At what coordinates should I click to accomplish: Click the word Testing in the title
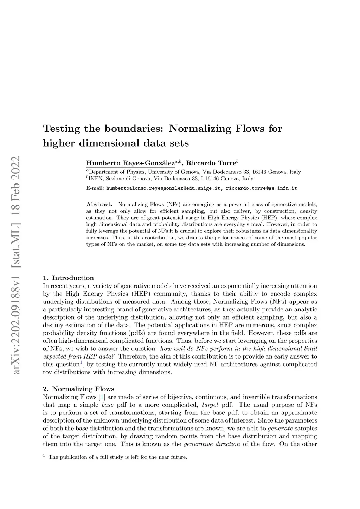click(x=62, y=129)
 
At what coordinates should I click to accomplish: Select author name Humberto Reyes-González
click(x=130, y=163)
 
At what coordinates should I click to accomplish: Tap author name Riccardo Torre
click(x=211, y=163)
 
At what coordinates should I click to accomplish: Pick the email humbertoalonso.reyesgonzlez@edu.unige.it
click(x=164, y=188)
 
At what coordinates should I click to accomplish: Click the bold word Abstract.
click(x=99, y=204)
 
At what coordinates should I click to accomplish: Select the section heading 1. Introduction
click(x=68, y=278)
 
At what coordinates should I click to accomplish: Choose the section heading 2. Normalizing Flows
click(x=78, y=389)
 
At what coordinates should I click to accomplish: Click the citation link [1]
click(x=102, y=397)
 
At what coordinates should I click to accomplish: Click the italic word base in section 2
click(x=108, y=405)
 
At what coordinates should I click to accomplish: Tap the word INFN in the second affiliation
click(x=96, y=179)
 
